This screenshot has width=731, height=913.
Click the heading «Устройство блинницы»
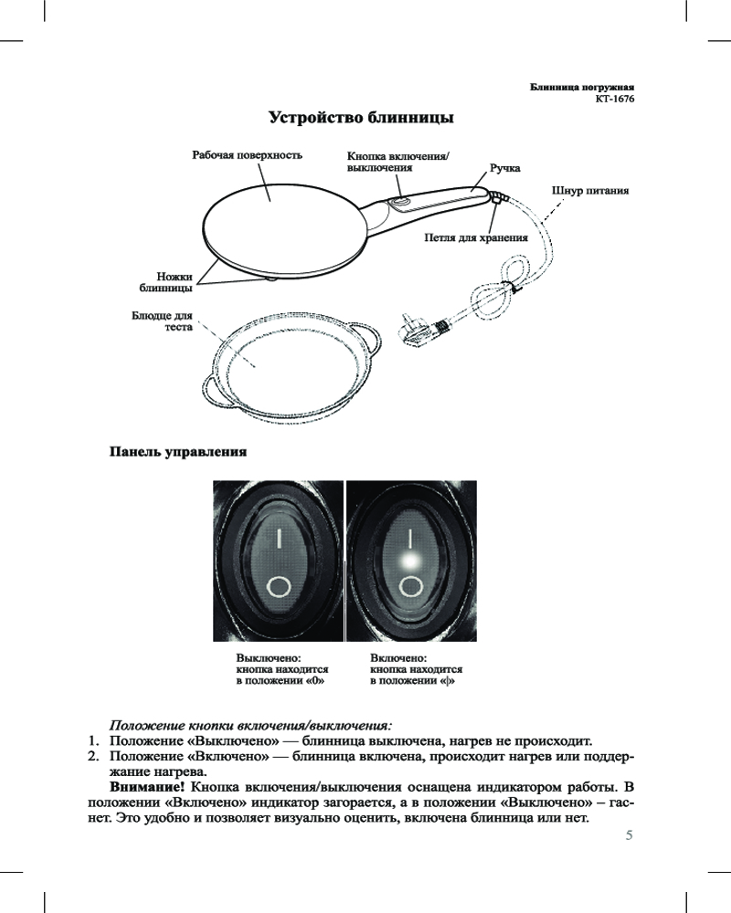[x=361, y=118]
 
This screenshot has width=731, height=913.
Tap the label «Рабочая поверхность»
[x=247, y=155]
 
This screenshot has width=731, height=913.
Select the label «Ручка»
[x=504, y=168]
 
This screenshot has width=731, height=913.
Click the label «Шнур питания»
[x=590, y=191]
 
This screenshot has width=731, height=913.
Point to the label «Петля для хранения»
[x=476, y=237]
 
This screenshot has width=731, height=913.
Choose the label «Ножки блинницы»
[x=166, y=282]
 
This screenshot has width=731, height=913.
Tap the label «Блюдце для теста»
[x=162, y=320]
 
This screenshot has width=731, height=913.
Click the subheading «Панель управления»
[x=178, y=452]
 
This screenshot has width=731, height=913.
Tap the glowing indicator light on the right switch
[x=410, y=561]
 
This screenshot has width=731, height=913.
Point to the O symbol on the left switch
[x=278, y=586]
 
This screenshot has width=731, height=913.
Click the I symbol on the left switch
[x=279, y=538]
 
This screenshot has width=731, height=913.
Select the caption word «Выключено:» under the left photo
[x=268, y=658]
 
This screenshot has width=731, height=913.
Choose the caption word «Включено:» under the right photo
[x=398, y=658]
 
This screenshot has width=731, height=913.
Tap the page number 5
[x=629, y=835]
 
